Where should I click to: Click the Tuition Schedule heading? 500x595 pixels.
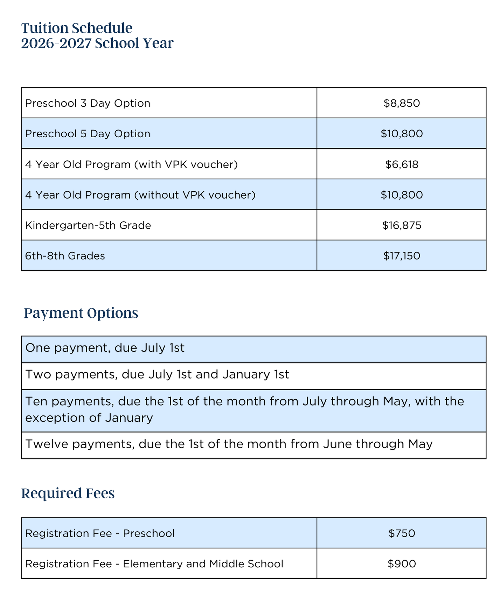coord(77,28)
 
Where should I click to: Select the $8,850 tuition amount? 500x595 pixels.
coord(402,103)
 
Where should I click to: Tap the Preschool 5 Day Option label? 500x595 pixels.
coord(88,134)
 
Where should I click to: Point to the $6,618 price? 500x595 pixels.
coord(402,164)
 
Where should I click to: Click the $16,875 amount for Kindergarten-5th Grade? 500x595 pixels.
coord(402,225)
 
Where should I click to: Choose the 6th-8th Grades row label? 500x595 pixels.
coord(65,256)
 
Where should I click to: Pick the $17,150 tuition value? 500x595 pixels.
coord(402,256)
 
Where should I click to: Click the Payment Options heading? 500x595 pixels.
coord(81,313)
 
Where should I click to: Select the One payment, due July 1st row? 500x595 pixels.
coord(105,348)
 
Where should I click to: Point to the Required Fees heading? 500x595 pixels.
coord(68,493)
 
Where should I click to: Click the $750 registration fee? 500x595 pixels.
coord(402,533)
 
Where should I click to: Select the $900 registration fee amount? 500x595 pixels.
coord(402,564)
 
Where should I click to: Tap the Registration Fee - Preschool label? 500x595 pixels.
coord(100,533)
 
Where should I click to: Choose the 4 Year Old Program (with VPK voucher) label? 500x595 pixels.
coord(131,164)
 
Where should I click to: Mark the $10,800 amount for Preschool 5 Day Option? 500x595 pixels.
coord(402,134)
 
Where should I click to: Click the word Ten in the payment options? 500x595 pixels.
coord(35,401)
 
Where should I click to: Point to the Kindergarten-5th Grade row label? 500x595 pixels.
coord(88,225)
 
